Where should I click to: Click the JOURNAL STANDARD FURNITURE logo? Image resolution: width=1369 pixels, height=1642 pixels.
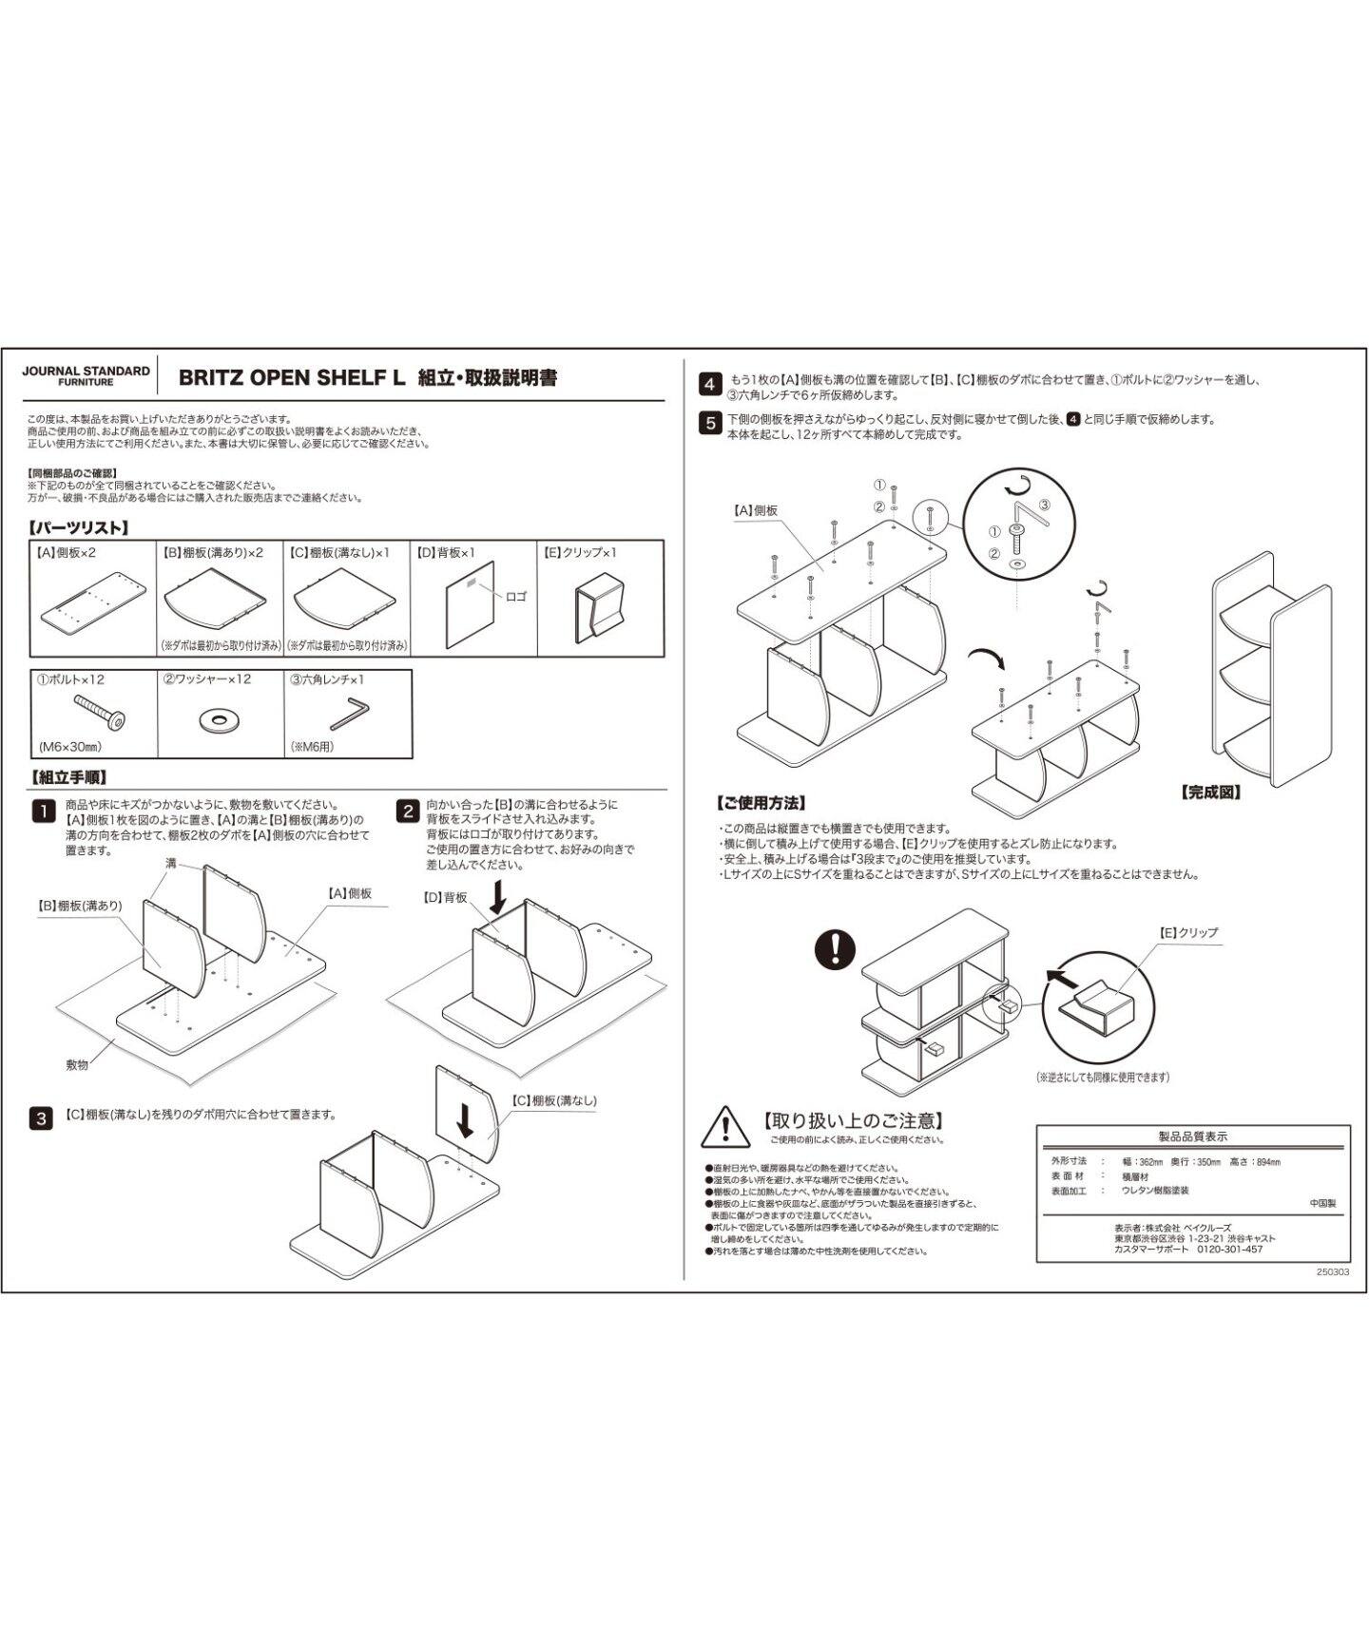click(x=86, y=375)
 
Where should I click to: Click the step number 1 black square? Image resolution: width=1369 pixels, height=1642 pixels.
click(x=44, y=811)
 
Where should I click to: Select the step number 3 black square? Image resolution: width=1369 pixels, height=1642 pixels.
click(x=42, y=1118)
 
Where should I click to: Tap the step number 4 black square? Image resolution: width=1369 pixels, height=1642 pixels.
click(x=710, y=385)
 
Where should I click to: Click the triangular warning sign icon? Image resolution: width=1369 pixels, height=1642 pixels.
click(x=725, y=1127)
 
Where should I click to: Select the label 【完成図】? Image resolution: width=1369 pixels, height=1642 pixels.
click(x=1210, y=792)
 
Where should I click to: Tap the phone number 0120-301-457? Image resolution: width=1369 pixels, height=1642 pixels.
click(x=1229, y=1250)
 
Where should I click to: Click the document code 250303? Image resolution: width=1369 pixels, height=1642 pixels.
click(x=1333, y=1271)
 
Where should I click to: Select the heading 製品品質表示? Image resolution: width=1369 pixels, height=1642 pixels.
click(x=1192, y=1136)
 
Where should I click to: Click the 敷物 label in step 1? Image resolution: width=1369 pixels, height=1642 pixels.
click(x=77, y=1065)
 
